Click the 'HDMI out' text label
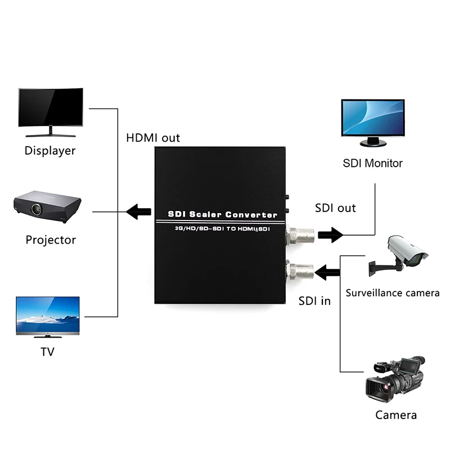[153, 138]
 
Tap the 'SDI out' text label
[335, 208]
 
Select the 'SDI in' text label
[314, 300]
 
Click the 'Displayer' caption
[49, 151]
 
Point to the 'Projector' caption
[51, 240]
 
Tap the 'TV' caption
[48, 352]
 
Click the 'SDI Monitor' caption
[372, 164]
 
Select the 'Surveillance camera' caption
[393, 293]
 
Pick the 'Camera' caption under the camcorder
[396, 416]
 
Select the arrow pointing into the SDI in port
[328, 273]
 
